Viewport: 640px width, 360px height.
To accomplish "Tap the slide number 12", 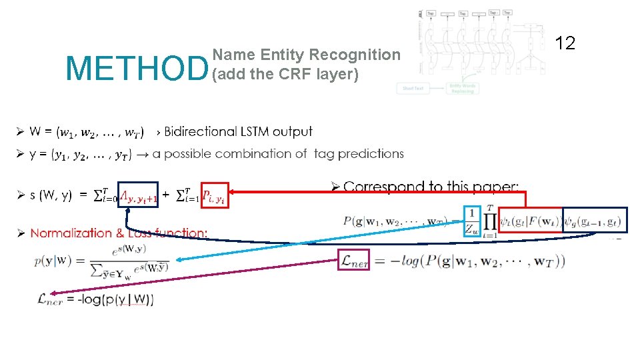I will point(565,44).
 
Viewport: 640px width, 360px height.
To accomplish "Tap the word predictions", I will point(371,154).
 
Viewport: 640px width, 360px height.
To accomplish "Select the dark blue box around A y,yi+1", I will point(139,195).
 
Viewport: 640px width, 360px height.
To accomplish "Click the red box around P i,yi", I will point(215,195).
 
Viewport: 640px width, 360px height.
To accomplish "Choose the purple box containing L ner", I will point(354,261).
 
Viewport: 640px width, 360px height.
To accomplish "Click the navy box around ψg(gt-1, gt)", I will point(595,221).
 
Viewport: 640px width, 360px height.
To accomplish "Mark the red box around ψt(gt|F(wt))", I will point(530,221).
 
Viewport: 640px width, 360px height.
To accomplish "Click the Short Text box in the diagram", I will point(413,88).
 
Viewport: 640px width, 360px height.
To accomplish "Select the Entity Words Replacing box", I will point(462,88).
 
